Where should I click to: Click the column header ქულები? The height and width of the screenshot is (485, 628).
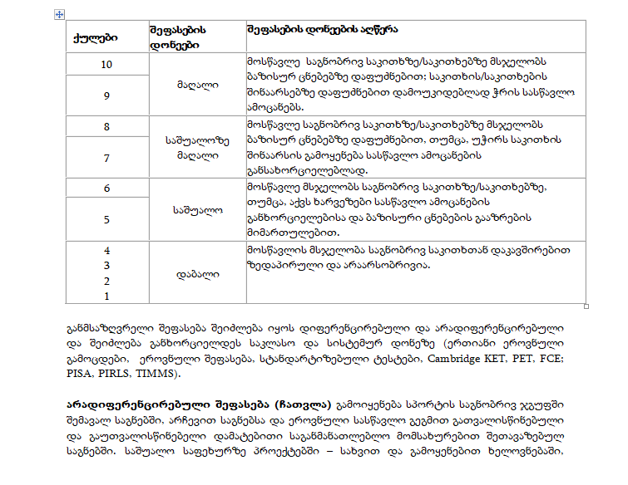[x=96, y=37]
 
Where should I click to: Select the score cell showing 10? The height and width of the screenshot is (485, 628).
[x=106, y=65]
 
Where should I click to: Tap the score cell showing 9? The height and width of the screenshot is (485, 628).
[x=106, y=96]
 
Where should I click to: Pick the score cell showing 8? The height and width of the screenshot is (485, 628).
[x=106, y=126]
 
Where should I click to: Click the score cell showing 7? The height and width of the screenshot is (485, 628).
[x=106, y=157]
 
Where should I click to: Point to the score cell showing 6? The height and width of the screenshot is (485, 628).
[x=106, y=189]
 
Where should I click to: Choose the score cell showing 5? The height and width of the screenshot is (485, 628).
[x=106, y=219]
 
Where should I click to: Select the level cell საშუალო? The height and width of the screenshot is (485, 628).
[x=197, y=209]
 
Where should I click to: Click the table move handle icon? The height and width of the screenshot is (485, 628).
[x=58, y=14]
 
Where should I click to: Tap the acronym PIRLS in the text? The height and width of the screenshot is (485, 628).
[x=116, y=375]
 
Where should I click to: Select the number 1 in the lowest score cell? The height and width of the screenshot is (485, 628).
[x=106, y=295]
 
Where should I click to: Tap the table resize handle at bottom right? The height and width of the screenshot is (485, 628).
[x=587, y=306]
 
